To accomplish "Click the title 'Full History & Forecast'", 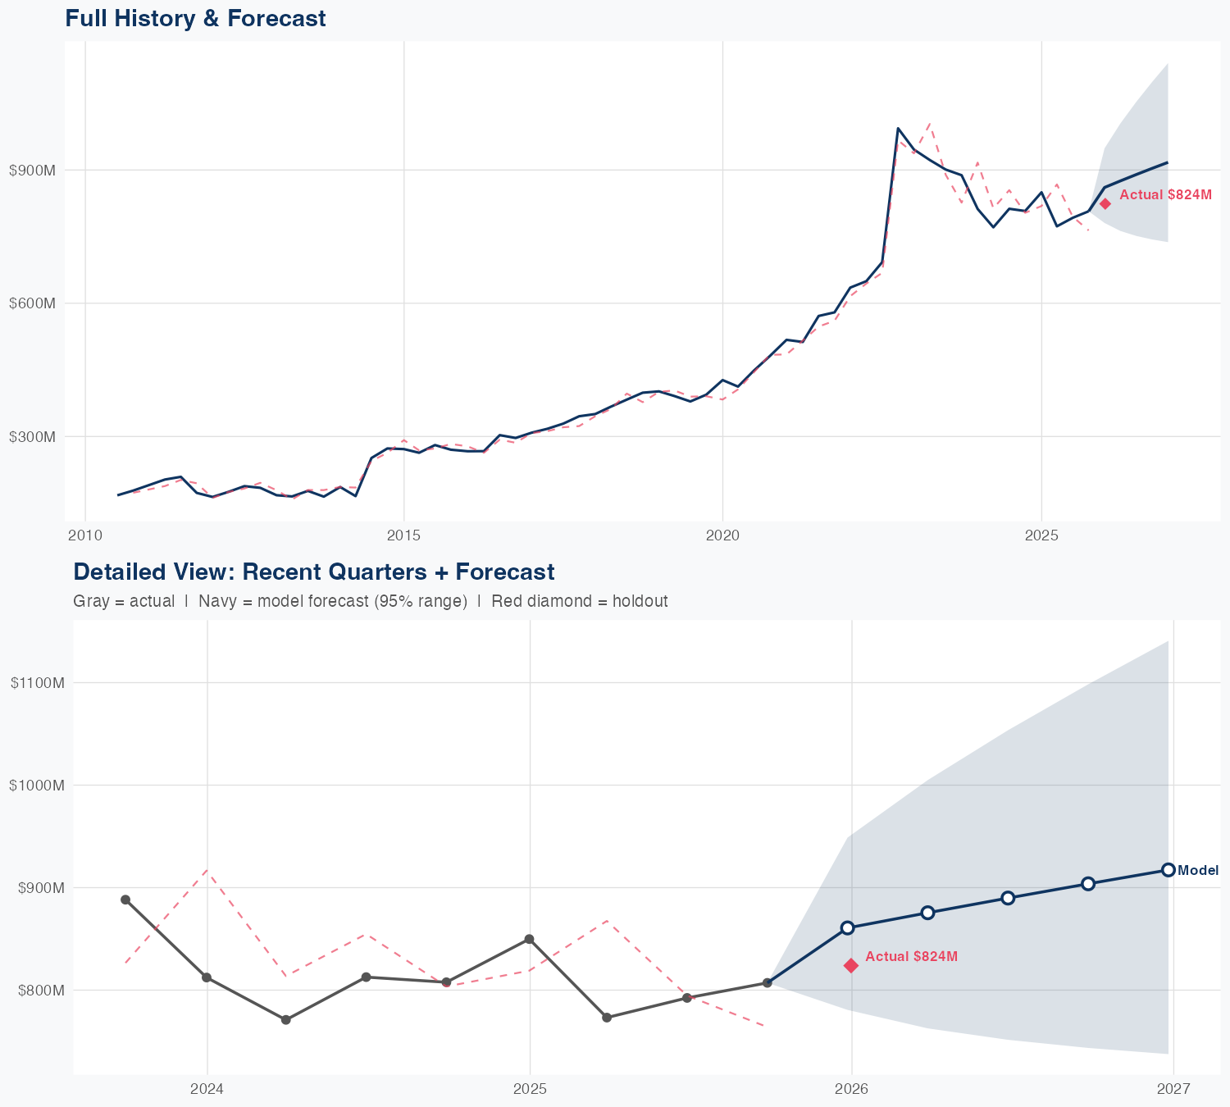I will coord(195,19).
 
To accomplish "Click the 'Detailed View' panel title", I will coord(313,572).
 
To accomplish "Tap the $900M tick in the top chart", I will coord(32,171).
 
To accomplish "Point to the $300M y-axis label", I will coord(32,436).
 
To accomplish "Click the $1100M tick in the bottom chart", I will coord(37,683).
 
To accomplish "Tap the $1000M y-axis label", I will coord(37,786).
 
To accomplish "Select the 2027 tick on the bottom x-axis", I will coord(1173,1090).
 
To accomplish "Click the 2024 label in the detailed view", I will coord(207,1090).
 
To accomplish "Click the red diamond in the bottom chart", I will coord(851,966).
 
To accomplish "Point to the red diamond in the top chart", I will coord(1105,203).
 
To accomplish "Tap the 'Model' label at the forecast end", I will coord(1198,871).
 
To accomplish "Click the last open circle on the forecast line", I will coord(1168,870).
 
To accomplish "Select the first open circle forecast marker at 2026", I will coord(848,927).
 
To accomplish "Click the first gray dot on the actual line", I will coord(125,900).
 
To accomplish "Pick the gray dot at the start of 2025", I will coord(529,939).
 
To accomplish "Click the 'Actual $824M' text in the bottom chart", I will coord(911,957).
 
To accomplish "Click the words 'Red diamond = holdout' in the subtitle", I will coord(579,601).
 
